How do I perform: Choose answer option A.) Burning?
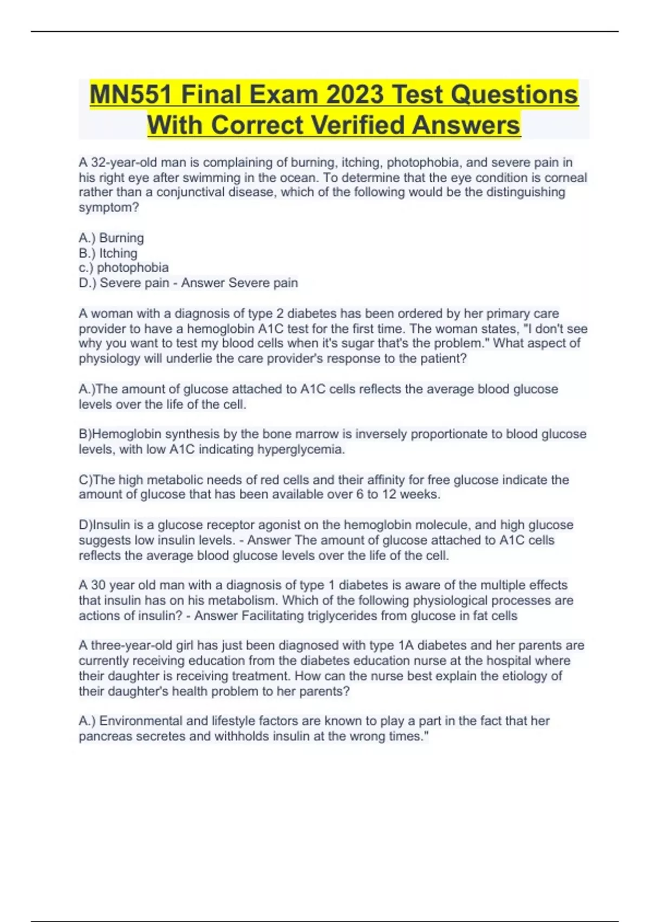point(111,238)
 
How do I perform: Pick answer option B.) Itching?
point(108,253)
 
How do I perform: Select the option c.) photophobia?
point(123,268)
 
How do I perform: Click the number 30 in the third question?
point(98,585)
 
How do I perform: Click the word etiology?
point(529,676)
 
